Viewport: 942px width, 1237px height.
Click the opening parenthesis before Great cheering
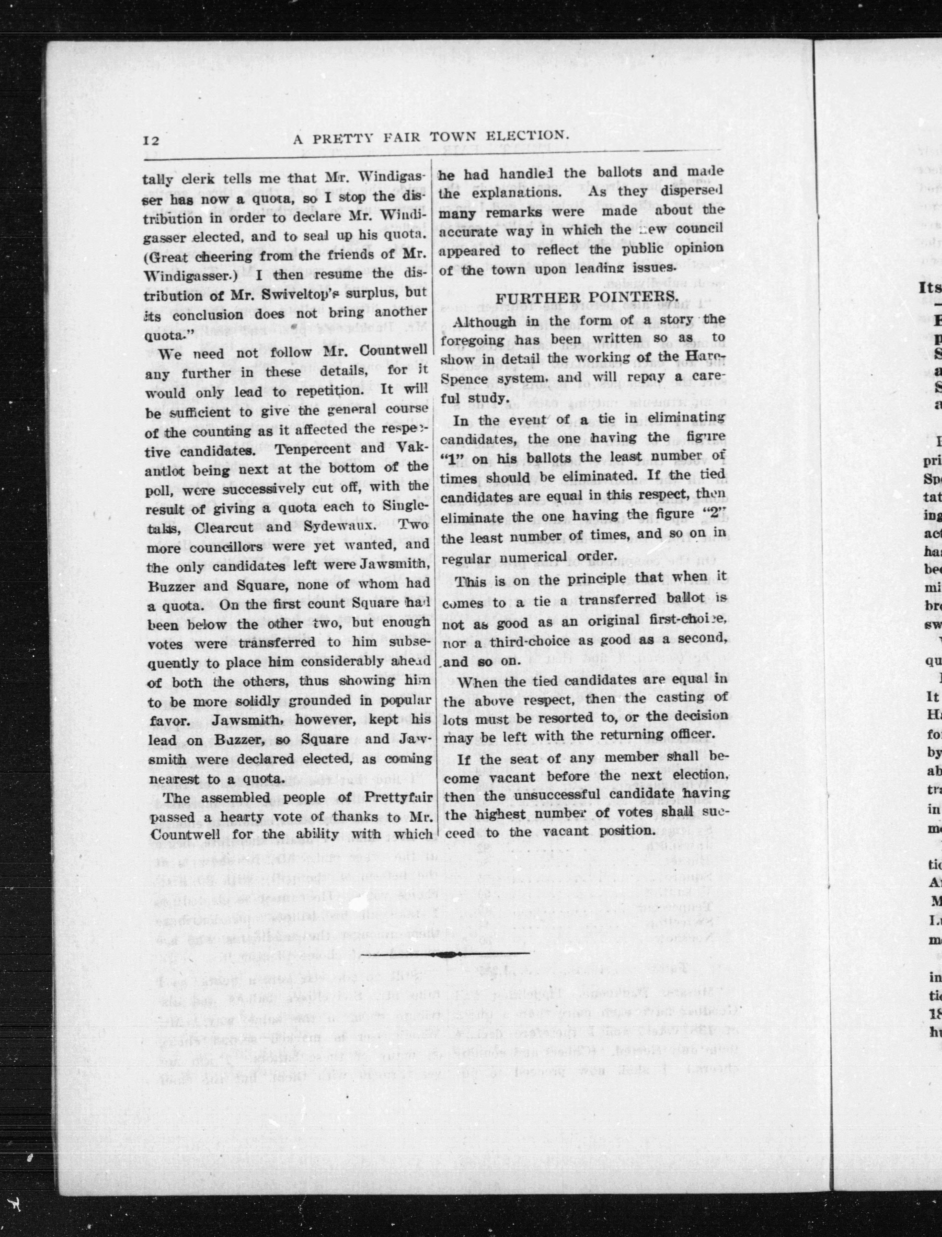(x=148, y=255)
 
